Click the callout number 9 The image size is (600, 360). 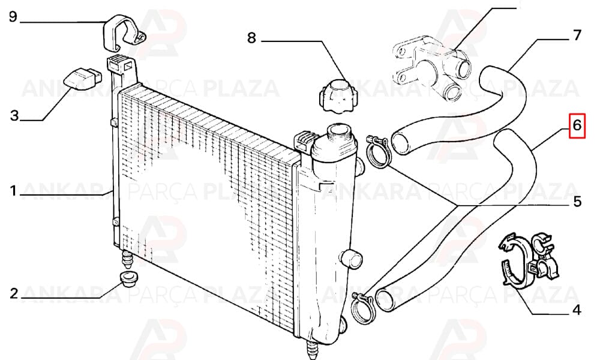tap(13, 17)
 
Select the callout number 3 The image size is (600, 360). tap(14, 115)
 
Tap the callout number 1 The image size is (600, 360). tap(13, 191)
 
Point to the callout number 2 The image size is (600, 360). tap(14, 293)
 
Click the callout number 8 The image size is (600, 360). tap(251, 38)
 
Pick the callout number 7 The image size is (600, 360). tap(577, 35)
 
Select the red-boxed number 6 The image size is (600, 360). tap(577, 125)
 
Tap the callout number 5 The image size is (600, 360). tap(577, 201)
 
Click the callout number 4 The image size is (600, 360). tap(577, 310)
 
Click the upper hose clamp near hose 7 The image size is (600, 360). tap(377, 153)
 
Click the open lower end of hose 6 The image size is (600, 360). tap(386, 299)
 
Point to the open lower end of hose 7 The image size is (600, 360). tap(401, 142)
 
